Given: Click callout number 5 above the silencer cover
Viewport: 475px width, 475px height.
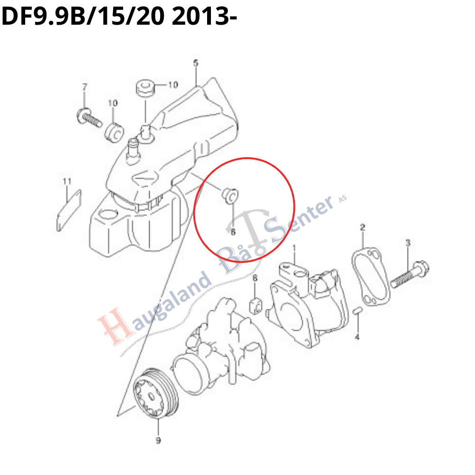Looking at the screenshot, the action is coord(196,63).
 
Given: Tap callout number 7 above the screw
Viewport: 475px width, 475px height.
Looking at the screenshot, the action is coord(85,87).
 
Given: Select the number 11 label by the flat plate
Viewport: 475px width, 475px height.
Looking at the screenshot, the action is coord(67,181).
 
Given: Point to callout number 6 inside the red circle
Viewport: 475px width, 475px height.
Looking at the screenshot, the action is coord(233,232).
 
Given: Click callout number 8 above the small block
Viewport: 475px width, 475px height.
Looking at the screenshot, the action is coord(255,278).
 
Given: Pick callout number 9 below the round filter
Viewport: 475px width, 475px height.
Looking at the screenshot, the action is coord(158,440).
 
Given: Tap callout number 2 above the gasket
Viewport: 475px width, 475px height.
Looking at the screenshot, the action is coord(362,227).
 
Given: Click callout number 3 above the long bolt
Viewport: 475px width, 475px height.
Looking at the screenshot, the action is coord(408,243).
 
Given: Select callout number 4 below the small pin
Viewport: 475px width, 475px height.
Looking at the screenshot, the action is coord(357,337).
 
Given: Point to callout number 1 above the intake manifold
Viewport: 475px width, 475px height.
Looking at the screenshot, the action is coord(294,248).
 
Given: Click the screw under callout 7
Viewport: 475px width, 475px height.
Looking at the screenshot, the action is coord(89,118).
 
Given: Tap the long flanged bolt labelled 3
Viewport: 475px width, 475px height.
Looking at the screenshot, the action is coord(409,274).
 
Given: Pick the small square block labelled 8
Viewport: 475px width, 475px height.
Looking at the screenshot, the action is coord(256,305).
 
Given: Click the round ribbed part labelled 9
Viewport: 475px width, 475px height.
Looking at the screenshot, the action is coord(156,393).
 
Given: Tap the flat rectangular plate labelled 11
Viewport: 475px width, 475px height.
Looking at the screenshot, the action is coord(69,210).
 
